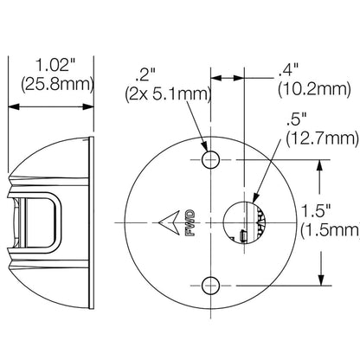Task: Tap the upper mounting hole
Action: point(209,159)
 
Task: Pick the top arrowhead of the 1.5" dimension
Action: point(322,163)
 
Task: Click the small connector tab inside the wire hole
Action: point(244,236)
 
